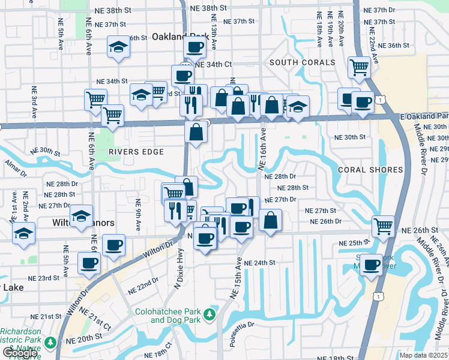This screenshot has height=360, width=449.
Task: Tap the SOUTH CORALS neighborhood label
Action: [302, 62]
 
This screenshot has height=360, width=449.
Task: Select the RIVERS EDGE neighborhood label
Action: [136, 152]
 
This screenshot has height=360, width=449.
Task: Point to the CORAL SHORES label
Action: [370, 170]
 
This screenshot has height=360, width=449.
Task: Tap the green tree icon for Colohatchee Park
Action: [209, 314]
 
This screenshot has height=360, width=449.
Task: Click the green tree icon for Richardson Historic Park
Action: [50, 343]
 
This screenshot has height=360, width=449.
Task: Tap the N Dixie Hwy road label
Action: [178, 267]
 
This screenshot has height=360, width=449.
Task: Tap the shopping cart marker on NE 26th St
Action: [383, 226]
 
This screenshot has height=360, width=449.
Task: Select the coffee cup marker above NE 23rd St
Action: [89, 262]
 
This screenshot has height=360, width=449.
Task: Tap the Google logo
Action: [20, 353]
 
